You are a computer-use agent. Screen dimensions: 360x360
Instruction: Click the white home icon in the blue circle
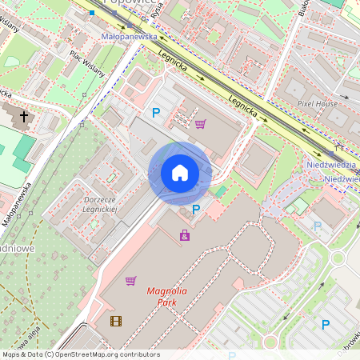(179, 173)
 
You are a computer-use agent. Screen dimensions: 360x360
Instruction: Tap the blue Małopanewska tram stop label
(129, 37)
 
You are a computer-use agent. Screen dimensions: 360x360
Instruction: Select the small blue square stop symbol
(93, 14)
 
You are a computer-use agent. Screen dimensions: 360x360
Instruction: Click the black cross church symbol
(24, 117)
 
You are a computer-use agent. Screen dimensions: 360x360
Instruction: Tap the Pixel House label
(318, 104)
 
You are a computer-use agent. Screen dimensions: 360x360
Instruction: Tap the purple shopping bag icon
(185, 235)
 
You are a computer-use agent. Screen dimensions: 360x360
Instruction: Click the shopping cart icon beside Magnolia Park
(130, 280)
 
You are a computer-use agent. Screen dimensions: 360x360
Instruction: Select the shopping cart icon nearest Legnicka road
(200, 123)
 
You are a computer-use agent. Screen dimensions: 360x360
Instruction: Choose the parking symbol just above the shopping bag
(196, 210)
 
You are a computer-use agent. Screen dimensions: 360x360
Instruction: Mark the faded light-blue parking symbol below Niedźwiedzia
(318, 226)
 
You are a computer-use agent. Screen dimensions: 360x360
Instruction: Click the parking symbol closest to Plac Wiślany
(156, 113)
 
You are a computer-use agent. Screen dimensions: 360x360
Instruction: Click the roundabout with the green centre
(337, 258)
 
